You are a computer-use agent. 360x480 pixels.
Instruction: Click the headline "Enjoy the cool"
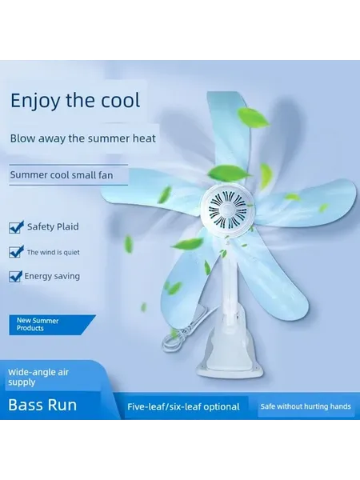75,101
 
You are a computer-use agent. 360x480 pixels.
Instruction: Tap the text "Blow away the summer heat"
83,138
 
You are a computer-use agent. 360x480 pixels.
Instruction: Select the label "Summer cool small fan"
62,175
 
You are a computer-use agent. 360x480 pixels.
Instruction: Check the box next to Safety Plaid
16,227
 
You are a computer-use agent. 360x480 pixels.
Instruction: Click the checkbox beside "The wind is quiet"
16,252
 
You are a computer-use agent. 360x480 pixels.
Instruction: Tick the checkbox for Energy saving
15,276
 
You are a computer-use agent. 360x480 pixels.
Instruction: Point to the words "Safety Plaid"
53,226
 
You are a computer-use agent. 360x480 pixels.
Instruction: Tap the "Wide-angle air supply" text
38,377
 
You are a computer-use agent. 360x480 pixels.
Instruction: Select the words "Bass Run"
42,405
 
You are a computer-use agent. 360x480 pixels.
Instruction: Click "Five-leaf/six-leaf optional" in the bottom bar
183,406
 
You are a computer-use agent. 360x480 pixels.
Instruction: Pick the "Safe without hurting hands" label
306,406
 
